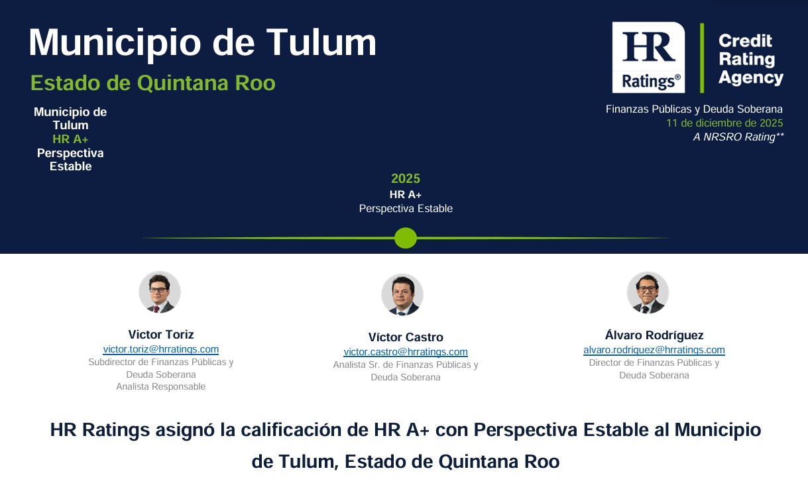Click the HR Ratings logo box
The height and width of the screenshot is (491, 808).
tap(648, 58)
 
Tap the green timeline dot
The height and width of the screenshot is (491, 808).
tap(406, 238)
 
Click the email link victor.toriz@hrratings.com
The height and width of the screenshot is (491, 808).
tap(161, 349)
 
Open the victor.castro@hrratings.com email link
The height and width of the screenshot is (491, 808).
tap(406, 351)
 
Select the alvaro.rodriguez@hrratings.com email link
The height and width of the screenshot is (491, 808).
tap(654, 350)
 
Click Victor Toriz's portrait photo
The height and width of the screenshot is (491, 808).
tap(160, 292)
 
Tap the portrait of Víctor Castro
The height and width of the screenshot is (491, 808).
tap(402, 294)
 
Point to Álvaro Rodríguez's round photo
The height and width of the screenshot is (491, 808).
tap(648, 292)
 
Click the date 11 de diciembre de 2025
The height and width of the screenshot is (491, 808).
tap(724, 123)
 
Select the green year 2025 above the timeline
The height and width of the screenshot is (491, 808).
tap(406, 178)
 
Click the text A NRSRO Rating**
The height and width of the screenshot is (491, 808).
tap(738, 137)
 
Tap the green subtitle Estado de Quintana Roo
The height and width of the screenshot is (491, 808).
tap(153, 83)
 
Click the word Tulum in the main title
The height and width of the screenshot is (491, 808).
tap(321, 42)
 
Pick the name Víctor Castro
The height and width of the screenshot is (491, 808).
tap(406, 337)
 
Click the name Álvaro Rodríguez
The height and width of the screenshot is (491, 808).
tap(654, 335)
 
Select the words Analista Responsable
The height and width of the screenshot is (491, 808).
tap(161, 386)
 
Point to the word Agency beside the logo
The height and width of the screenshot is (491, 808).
tap(750, 78)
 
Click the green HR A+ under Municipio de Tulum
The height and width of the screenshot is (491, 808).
tap(70, 138)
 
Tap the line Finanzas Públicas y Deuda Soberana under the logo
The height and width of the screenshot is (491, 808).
tap(694, 109)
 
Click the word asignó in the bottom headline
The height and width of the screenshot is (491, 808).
tap(185, 430)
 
